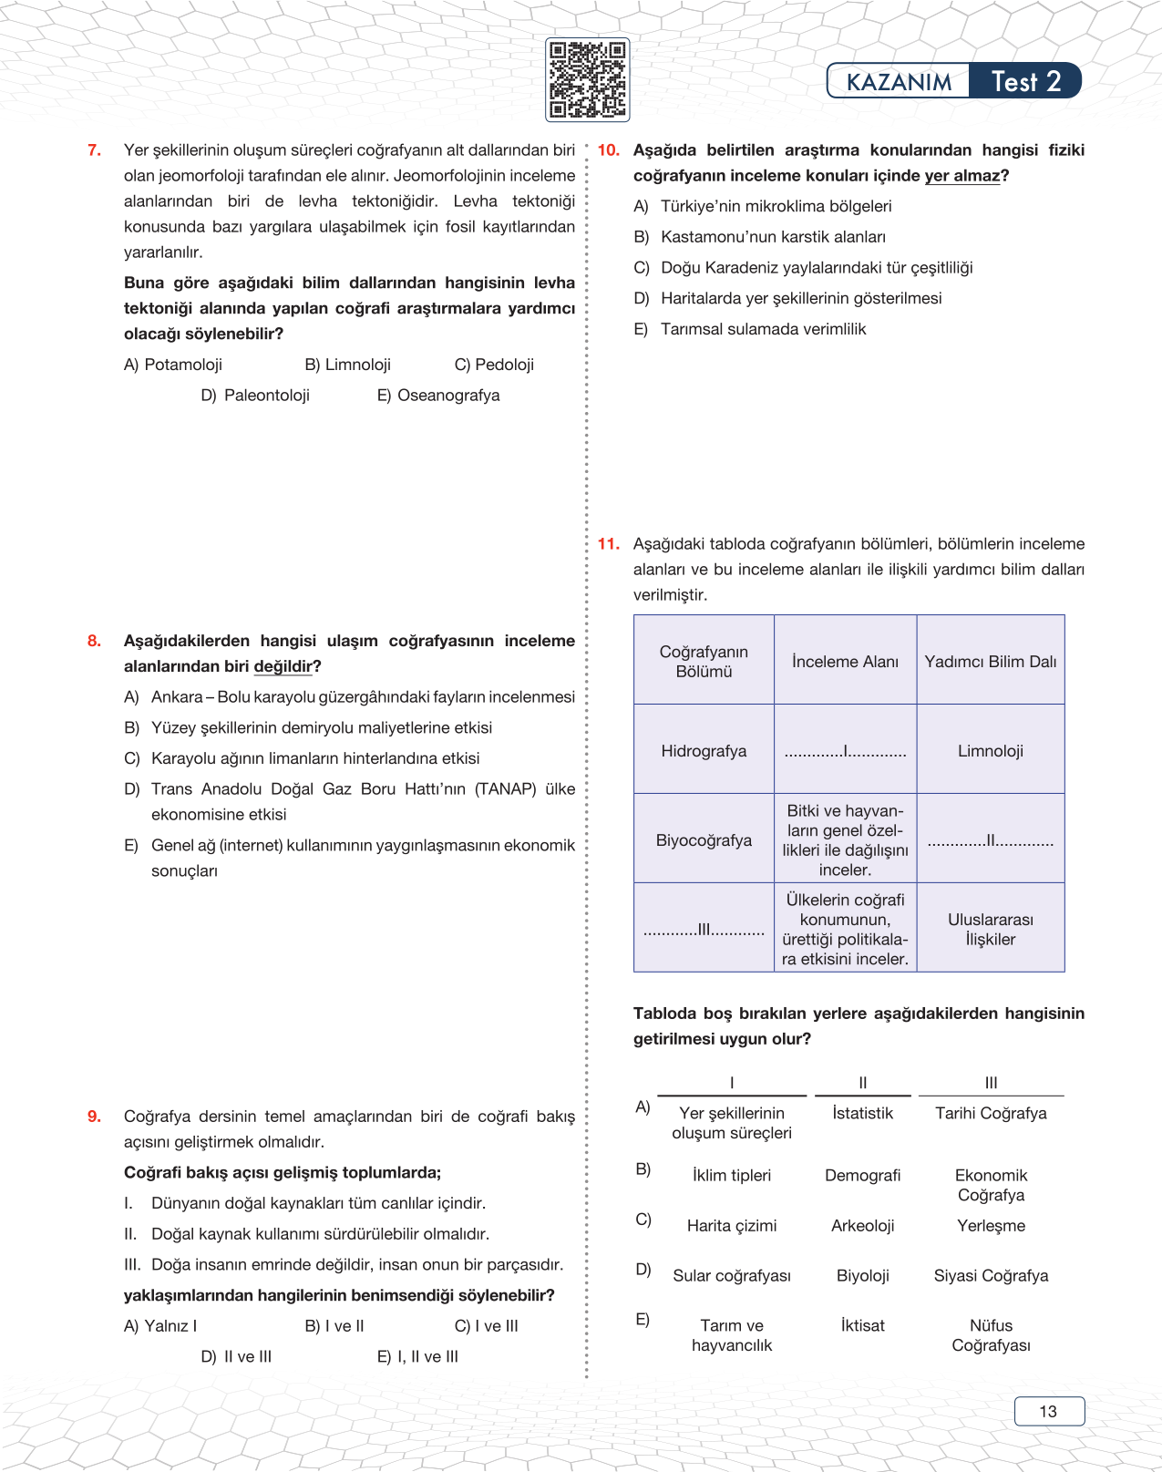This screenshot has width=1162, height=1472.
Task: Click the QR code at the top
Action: click(x=587, y=80)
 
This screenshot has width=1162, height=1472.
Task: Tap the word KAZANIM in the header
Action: click(x=899, y=82)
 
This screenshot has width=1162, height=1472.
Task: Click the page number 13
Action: click(x=1048, y=1411)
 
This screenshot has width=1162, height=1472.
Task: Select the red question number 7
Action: click(x=94, y=150)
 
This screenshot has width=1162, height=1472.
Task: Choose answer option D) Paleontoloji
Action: click(x=255, y=396)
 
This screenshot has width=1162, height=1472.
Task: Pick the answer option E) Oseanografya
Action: click(x=438, y=396)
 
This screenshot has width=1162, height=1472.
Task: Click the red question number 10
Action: click(x=608, y=150)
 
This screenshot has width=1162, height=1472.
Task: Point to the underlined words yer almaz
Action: click(x=961, y=176)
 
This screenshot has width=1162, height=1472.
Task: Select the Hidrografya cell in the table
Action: click(x=704, y=751)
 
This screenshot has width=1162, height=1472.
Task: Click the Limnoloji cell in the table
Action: click(x=990, y=751)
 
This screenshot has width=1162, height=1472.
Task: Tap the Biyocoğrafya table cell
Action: click(x=704, y=840)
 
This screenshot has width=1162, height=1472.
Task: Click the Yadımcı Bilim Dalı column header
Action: click(x=990, y=662)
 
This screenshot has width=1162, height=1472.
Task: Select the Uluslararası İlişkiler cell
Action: click(x=990, y=929)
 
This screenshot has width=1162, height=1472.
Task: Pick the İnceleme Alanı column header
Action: click(x=845, y=662)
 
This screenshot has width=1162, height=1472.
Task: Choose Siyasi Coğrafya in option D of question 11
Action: click(x=991, y=1276)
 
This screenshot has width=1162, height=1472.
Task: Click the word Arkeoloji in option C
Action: click(x=862, y=1226)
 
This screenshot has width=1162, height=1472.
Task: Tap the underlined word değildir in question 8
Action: click(x=283, y=666)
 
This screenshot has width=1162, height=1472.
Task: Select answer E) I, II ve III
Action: click(x=417, y=1357)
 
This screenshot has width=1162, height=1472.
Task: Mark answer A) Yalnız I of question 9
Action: click(x=160, y=1326)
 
